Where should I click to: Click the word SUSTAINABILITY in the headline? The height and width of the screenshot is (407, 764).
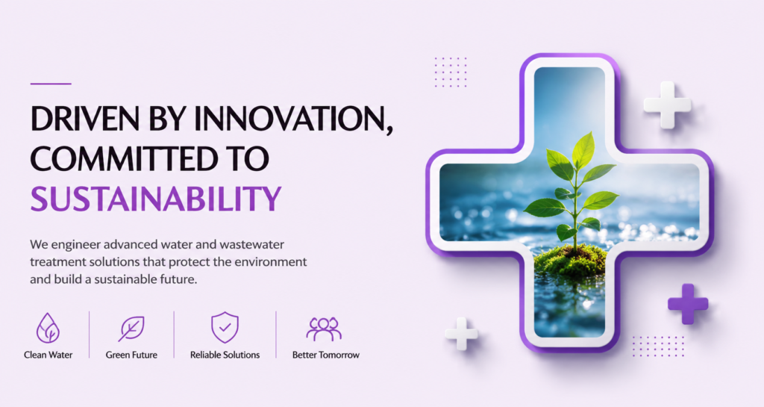pyautogui.click(x=156, y=199)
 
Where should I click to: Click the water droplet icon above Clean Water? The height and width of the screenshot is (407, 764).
pyautogui.click(x=48, y=328)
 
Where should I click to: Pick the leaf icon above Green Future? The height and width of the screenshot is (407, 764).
pyautogui.click(x=131, y=328)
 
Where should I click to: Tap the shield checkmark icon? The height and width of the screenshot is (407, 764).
pyautogui.click(x=225, y=327)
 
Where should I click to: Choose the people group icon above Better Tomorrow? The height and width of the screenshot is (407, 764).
pyautogui.click(x=324, y=329)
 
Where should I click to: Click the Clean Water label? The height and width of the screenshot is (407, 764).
pyautogui.click(x=48, y=355)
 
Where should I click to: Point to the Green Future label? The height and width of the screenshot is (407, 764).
pyautogui.click(x=131, y=355)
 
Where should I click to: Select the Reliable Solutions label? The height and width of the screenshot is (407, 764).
pyautogui.click(x=225, y=355)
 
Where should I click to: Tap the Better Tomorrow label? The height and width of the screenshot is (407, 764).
pyautogui.click(x=326, y=355)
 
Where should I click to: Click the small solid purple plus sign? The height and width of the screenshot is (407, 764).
pyautogui.click(x=687, y=304)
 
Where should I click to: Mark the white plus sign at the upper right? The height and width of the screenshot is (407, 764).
pyautogui.click(x=667, y=105)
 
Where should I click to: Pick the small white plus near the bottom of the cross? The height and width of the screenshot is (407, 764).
pyautogui.click(x=461, y=334)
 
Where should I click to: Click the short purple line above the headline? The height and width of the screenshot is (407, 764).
pyautogui.click(x=51, y=84)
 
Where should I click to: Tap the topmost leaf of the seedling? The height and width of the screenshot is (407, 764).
pyautogui.click(x=584, y=150)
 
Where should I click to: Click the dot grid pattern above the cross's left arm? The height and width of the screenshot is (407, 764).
pyautogui.click(x=451, y=72)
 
